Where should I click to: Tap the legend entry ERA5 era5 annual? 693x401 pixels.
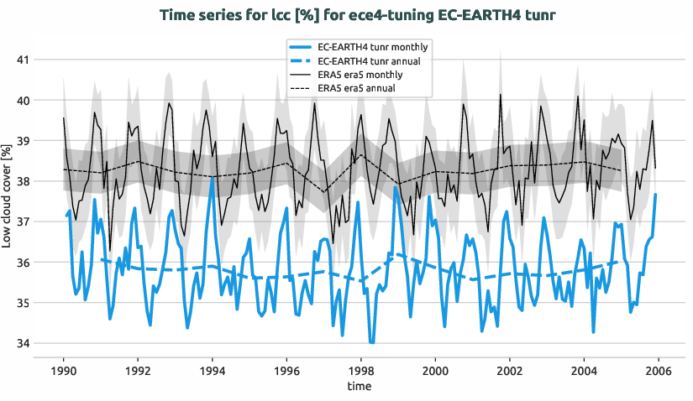pyautogui.click(x=362, y=88)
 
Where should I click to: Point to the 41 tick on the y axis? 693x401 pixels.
pyautogui.click(x=20, y=60)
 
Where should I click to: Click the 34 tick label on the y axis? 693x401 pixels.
pyautogui.click(x=20, y=343)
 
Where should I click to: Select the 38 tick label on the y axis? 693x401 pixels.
pyautogui.click(x=20, y=181)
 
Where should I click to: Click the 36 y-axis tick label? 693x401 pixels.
pyautogui.click(x=20, y=263)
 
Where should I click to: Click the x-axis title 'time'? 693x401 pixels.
pyautogui.click(x=361, y=387)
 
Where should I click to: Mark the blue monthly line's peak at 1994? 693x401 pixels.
pyautogui.click(x=213, y=178)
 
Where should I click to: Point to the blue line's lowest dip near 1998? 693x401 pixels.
pyautogui.click(x=371, y=343)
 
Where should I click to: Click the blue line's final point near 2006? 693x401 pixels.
pyautogui.click(x=655, y=195)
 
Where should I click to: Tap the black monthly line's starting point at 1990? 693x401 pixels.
pyautogui.click(x=64, y=117)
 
